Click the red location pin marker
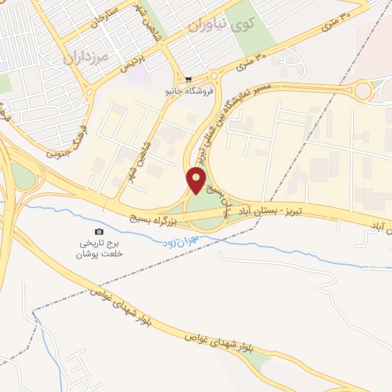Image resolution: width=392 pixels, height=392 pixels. click(x=197, y=179)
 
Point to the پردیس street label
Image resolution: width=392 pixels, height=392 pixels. click(x=132, y=61)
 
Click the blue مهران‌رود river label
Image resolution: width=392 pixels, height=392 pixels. click(x=180, y=241)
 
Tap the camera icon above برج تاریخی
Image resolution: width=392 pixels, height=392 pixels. click(x=98, y=231)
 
